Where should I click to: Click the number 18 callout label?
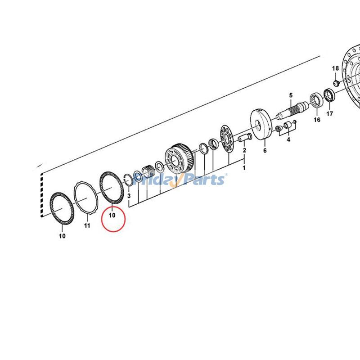click(335, 68)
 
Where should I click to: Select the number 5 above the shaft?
click(291, 95)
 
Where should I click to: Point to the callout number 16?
click(317, 119)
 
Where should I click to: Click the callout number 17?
click(330, 114)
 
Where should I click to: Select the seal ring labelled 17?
click(329, 95)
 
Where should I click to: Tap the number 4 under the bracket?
click(288, 139)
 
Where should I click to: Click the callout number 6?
click(265, 150)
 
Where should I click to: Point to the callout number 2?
click(244, 150)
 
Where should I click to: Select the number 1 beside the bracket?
click(244, 167)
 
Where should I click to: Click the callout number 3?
click(129, 196)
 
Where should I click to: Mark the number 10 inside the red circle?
click(112, 215)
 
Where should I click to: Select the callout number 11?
click(87, 225)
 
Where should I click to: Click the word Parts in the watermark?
click(203, 180)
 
